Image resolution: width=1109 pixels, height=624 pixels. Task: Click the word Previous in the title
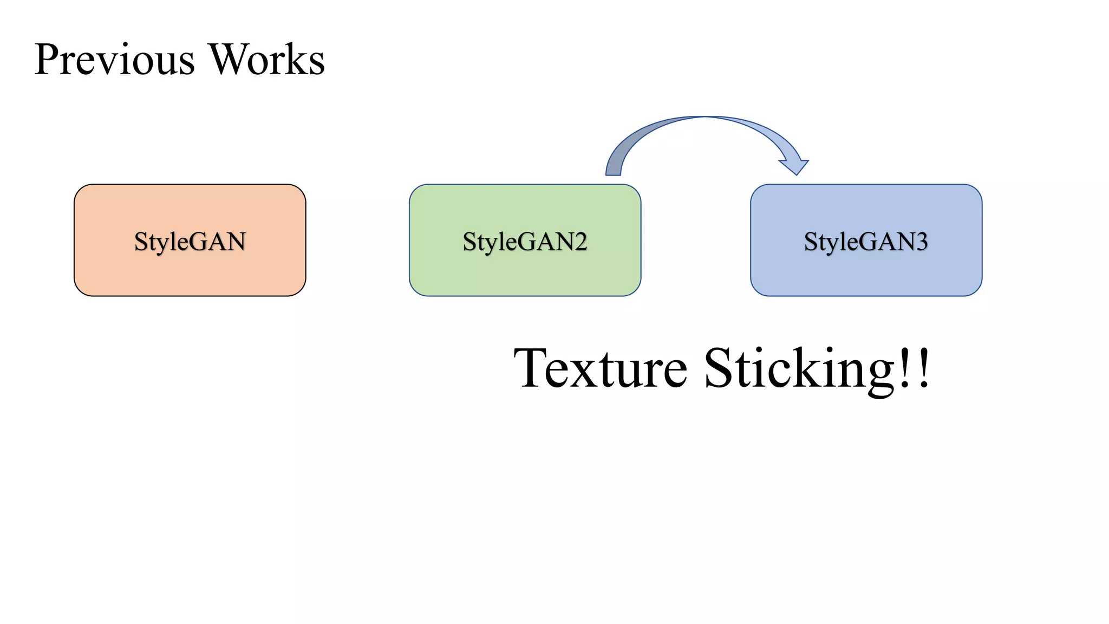[x=114, y=60]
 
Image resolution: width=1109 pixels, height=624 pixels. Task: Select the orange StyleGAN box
[x=190, y=271]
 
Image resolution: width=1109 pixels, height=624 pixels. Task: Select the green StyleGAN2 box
[x=525, y=271]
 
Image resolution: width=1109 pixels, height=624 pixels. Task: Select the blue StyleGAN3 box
[x=866, y=271]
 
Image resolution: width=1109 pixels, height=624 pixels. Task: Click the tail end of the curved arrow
[x=613, y=171]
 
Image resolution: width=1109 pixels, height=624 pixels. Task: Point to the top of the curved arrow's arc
[x=704, y=117]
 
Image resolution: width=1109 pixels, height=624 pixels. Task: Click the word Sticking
[x=799, y=368]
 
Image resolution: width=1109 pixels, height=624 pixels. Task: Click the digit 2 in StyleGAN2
[x=580, y=242]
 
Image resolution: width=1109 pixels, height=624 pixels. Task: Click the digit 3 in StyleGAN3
[x=922, y=242]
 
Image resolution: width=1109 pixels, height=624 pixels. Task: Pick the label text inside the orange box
[x=190, y=242]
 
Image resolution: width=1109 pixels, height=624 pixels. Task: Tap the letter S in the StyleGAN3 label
[x=811, y=242]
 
